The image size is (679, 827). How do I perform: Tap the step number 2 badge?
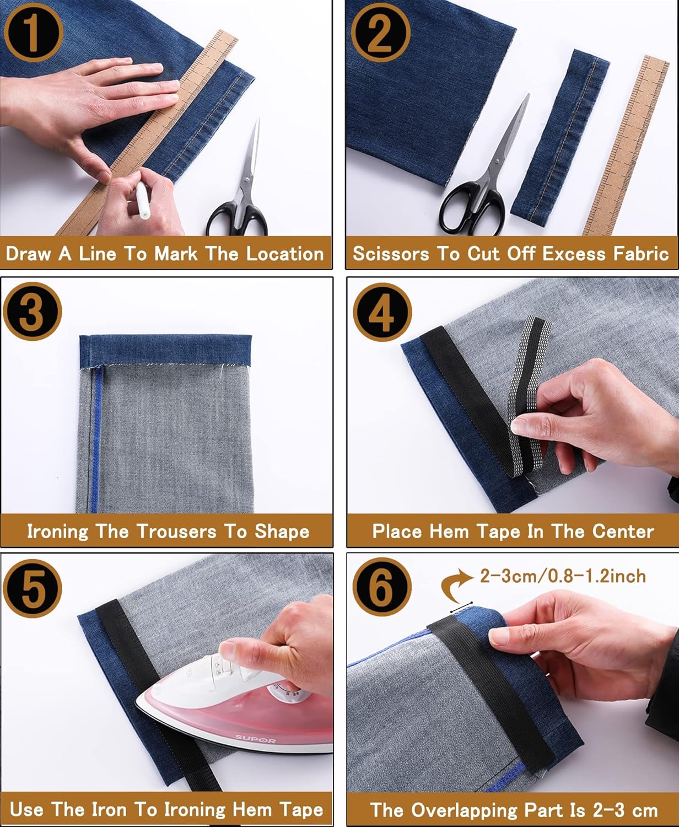pos(381,31)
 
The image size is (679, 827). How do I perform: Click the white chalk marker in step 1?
pos(141,201)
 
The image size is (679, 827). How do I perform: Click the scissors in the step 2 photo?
pos(485,176)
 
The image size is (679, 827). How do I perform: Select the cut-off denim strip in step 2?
pos(559,132)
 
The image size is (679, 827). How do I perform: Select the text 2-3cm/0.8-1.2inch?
pos(562,577)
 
